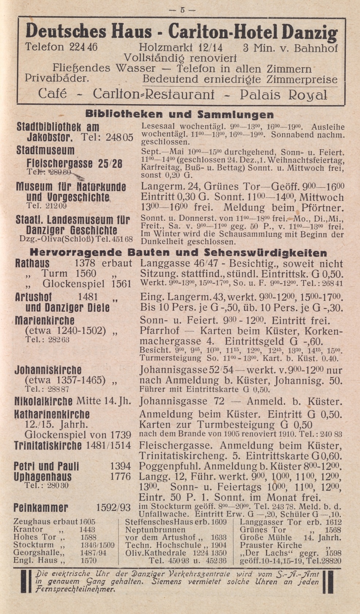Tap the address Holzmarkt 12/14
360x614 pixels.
click(x=181, y=48)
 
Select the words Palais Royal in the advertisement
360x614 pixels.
click(x=283, y=95)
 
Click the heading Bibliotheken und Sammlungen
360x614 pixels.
click(x=179, y=114)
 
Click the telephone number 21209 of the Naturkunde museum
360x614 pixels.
click(x=56, y=206)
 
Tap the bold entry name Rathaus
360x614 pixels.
click(x=33, y=264)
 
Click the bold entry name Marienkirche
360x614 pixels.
click(x=45, y=321)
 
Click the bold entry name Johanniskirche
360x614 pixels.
click(x=48, y=370)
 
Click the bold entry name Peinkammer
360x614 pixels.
click(x=41, y=508)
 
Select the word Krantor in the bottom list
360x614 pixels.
click(x=28, y=529)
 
